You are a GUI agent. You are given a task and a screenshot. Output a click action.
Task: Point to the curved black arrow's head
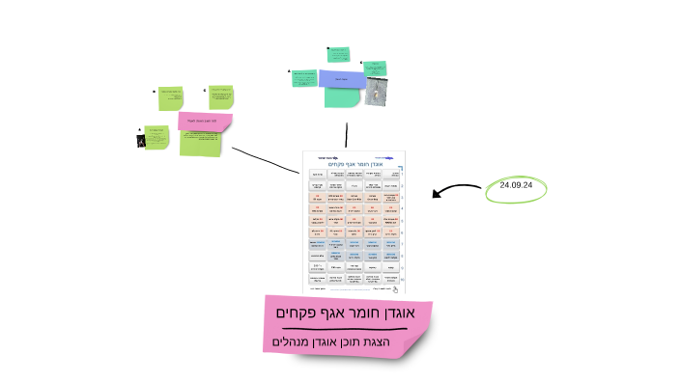435,195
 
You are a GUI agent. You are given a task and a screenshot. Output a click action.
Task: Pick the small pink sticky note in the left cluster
206,121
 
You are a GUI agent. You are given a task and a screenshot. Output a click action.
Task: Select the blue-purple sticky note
341,78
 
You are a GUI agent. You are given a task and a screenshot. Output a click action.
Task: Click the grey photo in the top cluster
377,91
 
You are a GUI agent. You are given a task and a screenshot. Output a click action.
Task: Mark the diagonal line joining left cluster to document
266,160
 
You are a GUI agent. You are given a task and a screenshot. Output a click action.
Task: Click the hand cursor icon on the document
395,288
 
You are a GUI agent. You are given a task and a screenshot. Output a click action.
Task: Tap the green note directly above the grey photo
375,68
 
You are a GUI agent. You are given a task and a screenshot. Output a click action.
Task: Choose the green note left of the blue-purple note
304,77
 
